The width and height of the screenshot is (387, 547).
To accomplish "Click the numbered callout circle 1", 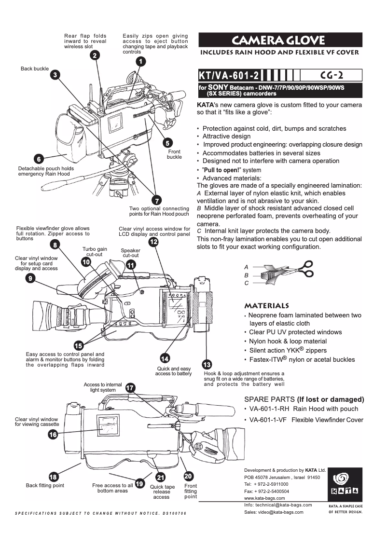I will click(x=140, y=62).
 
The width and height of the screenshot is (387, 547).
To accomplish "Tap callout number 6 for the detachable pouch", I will click(x=39, y=159).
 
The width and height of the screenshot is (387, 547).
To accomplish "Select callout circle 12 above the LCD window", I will click(x=153, y=242).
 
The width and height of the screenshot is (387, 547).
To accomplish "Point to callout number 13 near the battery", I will click(x=207, y=364).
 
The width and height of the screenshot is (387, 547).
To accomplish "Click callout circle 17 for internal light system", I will click(x=130, y=388).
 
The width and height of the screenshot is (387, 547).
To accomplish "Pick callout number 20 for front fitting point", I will click(x=189, y=476).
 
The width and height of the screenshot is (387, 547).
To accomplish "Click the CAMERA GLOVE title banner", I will click(x=280, y=40).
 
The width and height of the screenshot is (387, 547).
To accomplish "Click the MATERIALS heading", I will click(x=267, y=306).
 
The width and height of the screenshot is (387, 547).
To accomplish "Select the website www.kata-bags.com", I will click(x=265, y=498).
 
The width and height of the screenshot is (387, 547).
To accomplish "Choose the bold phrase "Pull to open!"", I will click(x=223, y=170).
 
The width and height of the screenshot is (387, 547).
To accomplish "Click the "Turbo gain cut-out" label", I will click(x=95, y=251).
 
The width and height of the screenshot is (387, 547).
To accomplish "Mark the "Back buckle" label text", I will click(x=34, y=69).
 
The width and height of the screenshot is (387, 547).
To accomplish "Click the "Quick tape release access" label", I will click(x=162, y=492).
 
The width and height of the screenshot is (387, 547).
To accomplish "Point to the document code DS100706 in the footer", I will click(x=172, y=514).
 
